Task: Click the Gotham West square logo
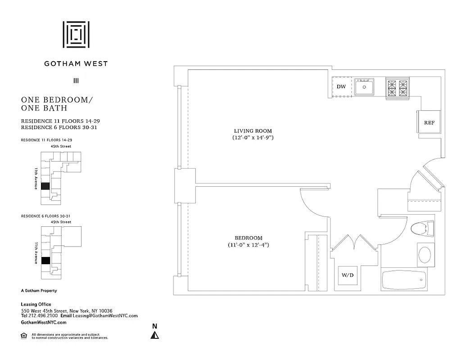pyautogui.click(x=76, y=34)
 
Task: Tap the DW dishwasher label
pyautogui.click(x=341, y=86)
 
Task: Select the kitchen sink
pyautogui.click(x=364, y=86)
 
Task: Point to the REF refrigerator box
pyautogui.click(x=429, y=122)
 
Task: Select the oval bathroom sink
pyautogui.click(x=425, y=254)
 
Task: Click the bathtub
pyautogui.click(x=404, y=281)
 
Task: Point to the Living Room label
pyautogui.click(x=250, y=130)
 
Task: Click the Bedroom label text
pyautogui.click(x=248, y=238)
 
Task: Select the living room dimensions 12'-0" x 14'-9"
pyautogui.click(x=250, y=138)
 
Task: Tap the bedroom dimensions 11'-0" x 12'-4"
pyautogui.click(x=248, y=245)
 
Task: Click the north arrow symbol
pyautogui.click(x=155, y=335)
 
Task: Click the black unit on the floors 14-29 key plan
pyautogui.click(x=45, y=186)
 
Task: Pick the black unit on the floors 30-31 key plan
pyautogui.click(x=45, y=261)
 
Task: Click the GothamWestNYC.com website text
pyautogui.click(x=44, y=323)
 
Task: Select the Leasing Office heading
pyautogui.click(x=36, y=305)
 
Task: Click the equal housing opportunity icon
pyautogui.click(x=24, y=335)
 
